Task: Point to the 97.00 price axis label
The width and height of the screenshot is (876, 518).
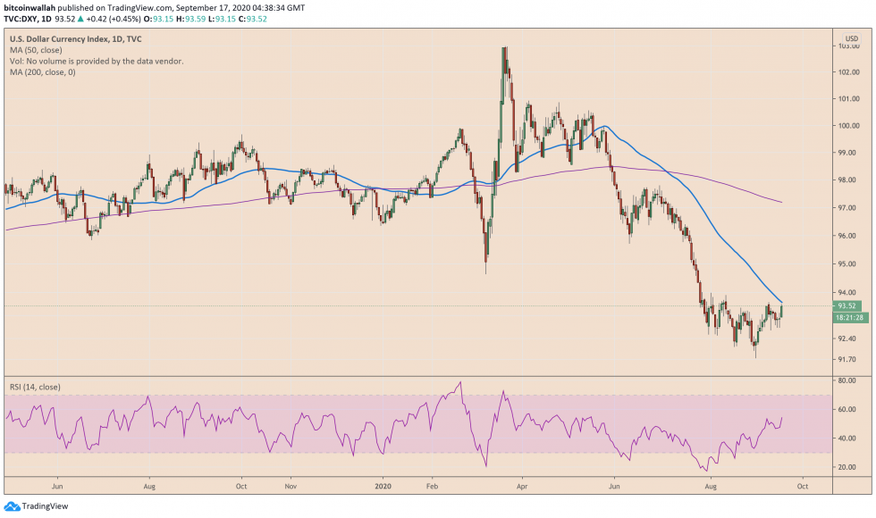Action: (847, 208)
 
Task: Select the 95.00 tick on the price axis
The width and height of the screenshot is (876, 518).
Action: (847, 264)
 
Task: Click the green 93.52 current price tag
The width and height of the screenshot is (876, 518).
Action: (847, 306)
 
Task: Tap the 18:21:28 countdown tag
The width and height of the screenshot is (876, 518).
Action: (848, 317)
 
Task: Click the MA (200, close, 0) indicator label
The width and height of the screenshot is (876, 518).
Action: (42, 72)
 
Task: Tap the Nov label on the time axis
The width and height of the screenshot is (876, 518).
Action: (290, 488)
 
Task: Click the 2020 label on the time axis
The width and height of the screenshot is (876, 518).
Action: (383, 488)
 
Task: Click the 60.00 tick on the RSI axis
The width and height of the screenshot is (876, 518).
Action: (847, 410)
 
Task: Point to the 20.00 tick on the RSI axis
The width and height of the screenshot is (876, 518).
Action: (847, 467)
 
